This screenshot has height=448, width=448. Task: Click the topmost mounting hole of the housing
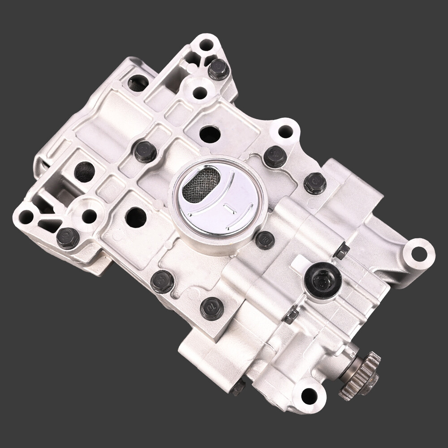coord(206,45)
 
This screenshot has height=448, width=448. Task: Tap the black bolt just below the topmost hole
coord(219,69)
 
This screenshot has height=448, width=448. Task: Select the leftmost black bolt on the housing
coord(68,237)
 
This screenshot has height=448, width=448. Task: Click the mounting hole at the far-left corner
coord(26,217)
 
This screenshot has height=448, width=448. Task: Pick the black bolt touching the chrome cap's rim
coord(265,240)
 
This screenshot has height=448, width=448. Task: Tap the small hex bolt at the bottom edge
coord(238,387)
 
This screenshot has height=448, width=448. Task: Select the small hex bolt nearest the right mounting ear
coord(341,251)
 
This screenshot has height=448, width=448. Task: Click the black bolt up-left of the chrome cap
coord(146,151)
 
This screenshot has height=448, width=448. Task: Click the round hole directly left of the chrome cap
coord(136,216)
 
